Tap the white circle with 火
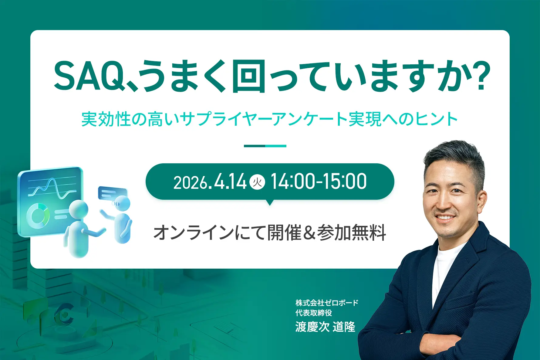(x=257, y=182)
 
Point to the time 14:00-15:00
(x=319, y=182)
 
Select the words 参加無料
(x=351, y=233)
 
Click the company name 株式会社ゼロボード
(x=327, y=303)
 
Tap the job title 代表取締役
(x=314, y=313)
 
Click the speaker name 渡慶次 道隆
(x=325, y=327)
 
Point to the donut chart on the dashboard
(x=38, y=215)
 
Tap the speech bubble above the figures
(x=112, y=193)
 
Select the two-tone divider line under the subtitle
(x=265, y=146)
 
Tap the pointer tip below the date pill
(x=269, y=205)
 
